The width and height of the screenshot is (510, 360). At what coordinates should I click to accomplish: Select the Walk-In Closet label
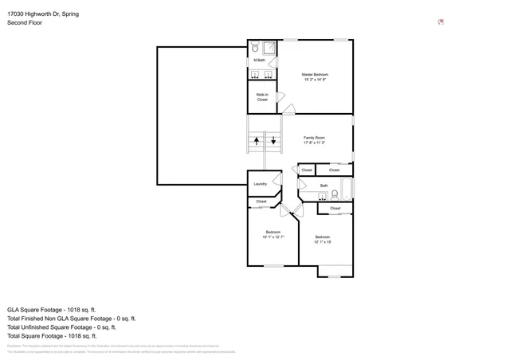[261, 97]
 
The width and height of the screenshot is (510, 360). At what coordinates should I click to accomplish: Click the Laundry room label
[260, 184]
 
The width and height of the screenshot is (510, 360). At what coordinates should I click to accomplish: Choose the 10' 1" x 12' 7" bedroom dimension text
[273, 237]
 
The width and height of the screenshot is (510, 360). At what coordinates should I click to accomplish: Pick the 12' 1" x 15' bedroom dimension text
[322, 241]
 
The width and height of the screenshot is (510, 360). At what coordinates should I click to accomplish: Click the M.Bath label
[259, 61]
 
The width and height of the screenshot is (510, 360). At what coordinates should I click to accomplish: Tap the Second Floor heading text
[24, 23]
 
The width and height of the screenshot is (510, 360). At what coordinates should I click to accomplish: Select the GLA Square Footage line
[52, 309]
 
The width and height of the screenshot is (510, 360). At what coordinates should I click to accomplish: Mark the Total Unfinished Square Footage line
[61, 327]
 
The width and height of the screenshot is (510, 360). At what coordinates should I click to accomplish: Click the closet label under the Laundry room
[261, 202]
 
